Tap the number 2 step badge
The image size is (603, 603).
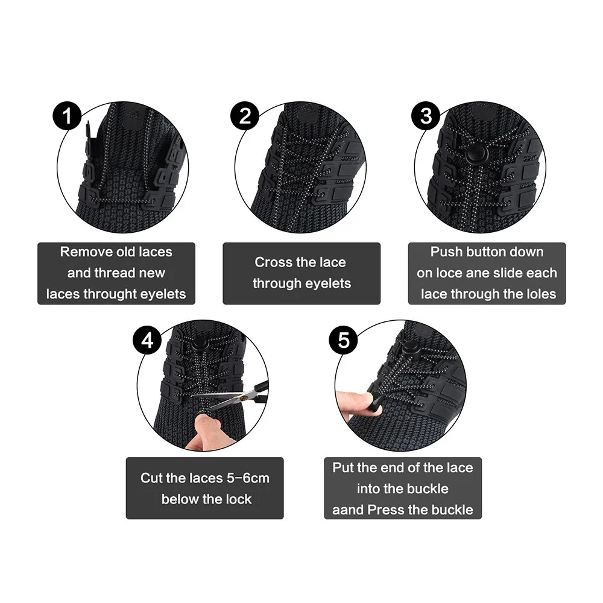245,116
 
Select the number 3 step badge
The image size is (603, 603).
426,116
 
